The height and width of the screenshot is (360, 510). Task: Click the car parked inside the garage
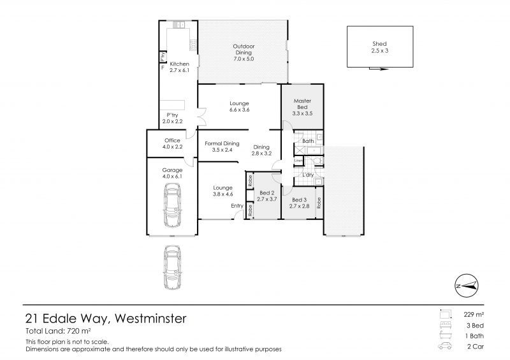click(172, 205)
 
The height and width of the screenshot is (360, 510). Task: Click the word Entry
click(237, 206)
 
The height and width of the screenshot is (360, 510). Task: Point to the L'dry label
click(308, 174)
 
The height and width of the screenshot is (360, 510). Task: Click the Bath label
click(308, 141)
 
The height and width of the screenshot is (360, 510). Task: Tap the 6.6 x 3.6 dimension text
click(239, 110)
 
